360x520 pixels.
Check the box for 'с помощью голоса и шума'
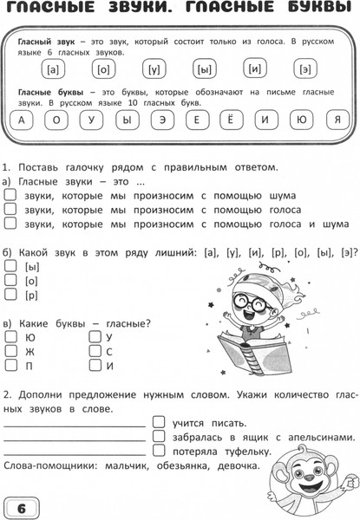click(x=10, y=224)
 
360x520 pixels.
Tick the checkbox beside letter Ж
click(x=10, y=352)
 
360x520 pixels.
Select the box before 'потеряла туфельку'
click(x=159, y=452)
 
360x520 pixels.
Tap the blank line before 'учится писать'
click(x=74, y=426)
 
